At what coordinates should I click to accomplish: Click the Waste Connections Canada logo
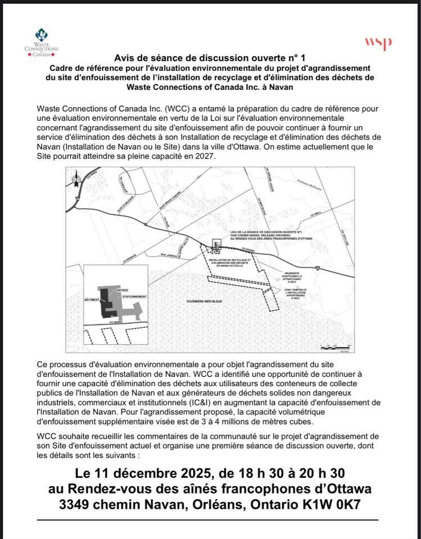tap(46, 42)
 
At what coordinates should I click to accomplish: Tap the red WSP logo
tap(378, 43)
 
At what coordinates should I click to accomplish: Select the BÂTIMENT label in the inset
tap(91, 300)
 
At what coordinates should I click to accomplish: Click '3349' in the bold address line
tap(81, 504)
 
